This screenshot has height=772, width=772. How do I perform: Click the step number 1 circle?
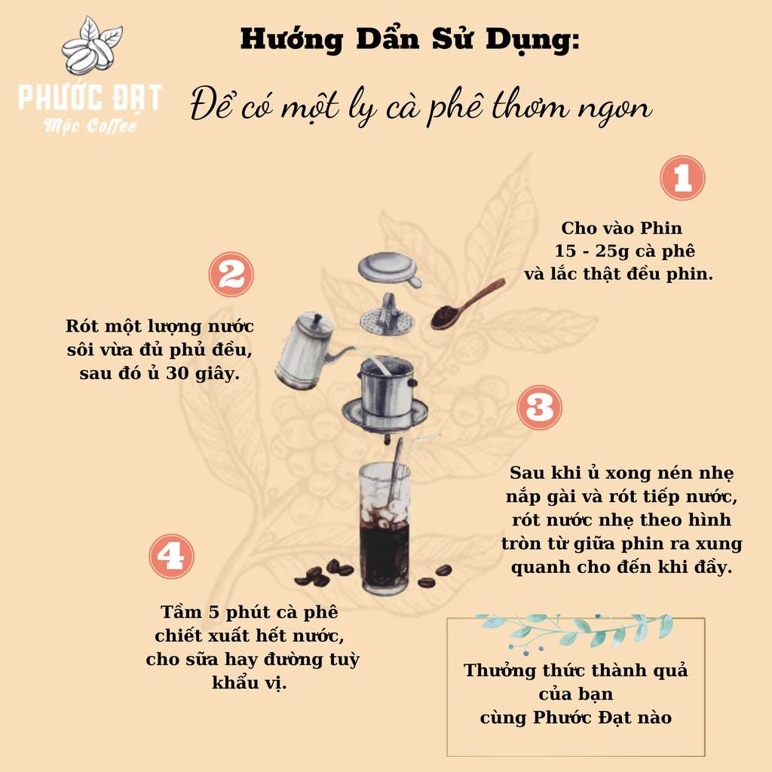coord(682,178)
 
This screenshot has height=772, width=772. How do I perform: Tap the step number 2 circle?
coord(231,274)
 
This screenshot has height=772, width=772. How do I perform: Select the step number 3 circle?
coord(540,408)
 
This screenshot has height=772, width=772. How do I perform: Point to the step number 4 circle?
coord(171,556)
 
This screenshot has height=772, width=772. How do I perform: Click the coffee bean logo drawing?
coord(91,45)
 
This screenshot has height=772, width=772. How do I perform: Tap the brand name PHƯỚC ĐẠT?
coord(90,97)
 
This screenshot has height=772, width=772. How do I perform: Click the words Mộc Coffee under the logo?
coord(90,126)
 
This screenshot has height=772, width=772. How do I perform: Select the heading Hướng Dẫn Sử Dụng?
coord(409,39)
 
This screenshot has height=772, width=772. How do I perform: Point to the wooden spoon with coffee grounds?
coord(467,303)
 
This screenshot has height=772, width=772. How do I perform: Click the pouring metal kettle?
coord(310,351)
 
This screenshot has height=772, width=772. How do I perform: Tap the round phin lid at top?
coord(389,269)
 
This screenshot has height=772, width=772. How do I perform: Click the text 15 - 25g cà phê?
coord(625,251)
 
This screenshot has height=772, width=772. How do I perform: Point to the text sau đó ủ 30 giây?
coord(160,373)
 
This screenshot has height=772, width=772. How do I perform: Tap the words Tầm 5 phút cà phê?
coord(249,612)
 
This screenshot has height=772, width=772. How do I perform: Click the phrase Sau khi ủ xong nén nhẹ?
coord(622,473)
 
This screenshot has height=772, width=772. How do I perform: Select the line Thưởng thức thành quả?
coord(575,670)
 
